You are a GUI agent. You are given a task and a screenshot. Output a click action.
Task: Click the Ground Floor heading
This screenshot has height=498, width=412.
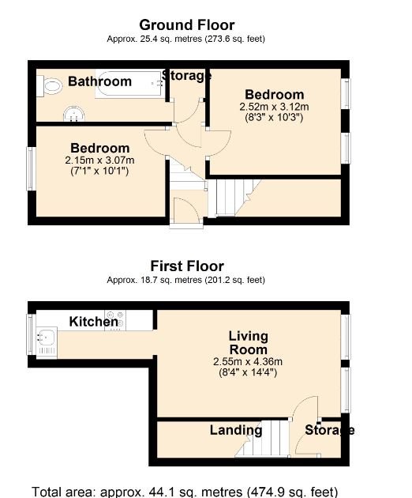(187, 25)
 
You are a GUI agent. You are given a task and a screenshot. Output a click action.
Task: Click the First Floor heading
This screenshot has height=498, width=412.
(187, 266)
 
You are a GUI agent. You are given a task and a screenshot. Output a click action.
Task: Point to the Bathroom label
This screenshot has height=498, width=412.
(99, 81)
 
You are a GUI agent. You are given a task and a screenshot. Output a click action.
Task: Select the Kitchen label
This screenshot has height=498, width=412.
(94, 322)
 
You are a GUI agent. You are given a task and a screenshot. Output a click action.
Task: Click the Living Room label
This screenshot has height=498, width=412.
(248, 343)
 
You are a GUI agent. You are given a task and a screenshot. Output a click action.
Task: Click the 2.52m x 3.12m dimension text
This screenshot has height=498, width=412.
(272, 107)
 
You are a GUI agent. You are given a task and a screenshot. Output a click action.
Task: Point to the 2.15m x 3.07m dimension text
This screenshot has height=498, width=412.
(99, 160)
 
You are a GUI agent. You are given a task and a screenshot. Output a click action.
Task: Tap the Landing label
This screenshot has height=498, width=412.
(236, 431)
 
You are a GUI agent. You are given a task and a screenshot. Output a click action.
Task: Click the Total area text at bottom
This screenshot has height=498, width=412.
(184, 491)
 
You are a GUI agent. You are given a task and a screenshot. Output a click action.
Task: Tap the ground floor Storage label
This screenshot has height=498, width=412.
(186, 76)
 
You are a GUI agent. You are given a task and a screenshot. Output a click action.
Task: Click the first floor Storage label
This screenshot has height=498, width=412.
(329, 431)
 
